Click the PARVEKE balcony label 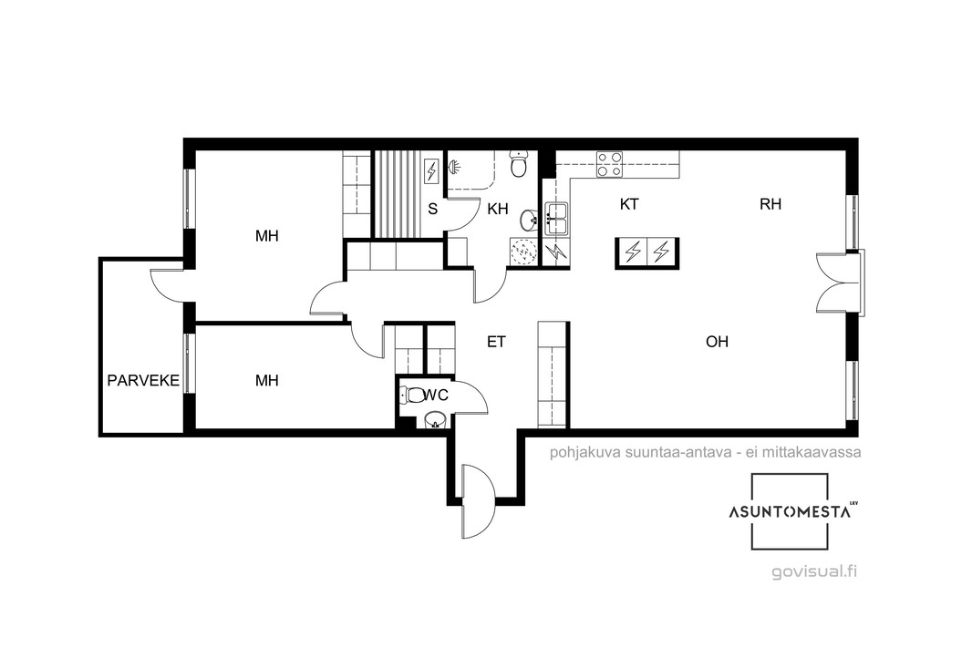point(143,380)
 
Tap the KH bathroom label point(498,209)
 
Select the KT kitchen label point(629,204)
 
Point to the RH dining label point(770,204)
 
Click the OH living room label point(718,342)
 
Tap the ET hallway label point(496,342)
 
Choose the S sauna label point(433,209)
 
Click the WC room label point(436,395)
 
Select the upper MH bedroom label point(267,235)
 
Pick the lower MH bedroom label point(267,380)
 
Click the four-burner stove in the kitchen point(609,164)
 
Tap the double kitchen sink point(556,219)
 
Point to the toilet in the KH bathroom point(518,163)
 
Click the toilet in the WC point(411,395)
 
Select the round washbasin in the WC point(436,420)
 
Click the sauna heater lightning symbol point(431,170)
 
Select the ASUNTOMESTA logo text point(789,512)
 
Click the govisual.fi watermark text point(814,571)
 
